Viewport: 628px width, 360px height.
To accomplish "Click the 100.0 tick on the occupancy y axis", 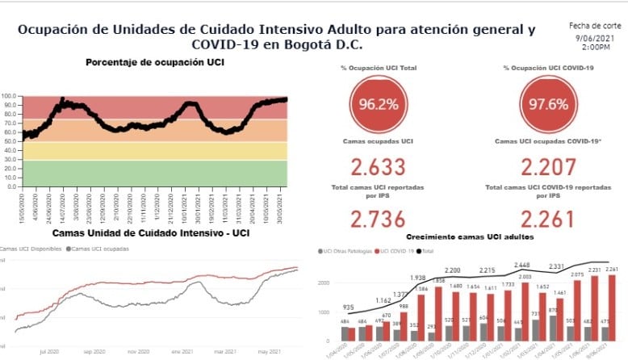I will [x=10, y=97].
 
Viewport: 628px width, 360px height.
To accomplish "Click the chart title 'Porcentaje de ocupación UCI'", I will [x=155, y=62].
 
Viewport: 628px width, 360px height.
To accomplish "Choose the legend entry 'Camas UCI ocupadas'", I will [x=100, y=249].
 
